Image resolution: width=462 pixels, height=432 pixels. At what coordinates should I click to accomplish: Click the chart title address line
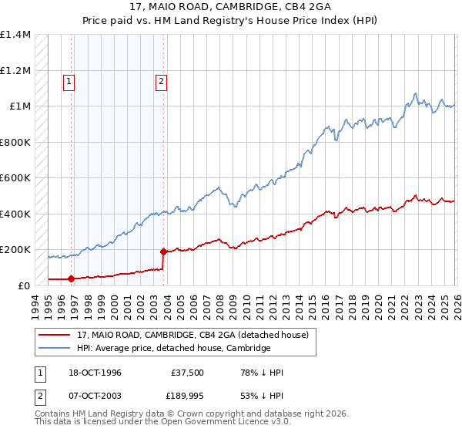pyautogui.click(x=231, y=8)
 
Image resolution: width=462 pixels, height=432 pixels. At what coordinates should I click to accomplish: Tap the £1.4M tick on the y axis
pyautogui.click(x=15, y=35)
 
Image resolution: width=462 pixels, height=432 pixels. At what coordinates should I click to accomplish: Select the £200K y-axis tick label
pyautogui.click(x=15, y=250)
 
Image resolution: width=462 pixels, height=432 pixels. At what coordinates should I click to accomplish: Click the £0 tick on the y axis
pyautogui.click(x=25, y=285)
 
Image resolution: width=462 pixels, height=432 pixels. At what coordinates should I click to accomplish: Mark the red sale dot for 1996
pyautogui.click(x=72, y=278)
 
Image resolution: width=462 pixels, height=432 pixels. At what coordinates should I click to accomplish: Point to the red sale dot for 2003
pyautogui.click(x=163, y=251)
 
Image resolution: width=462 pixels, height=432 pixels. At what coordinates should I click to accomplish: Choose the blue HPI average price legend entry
pyautogui.click(x=173, y=348)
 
